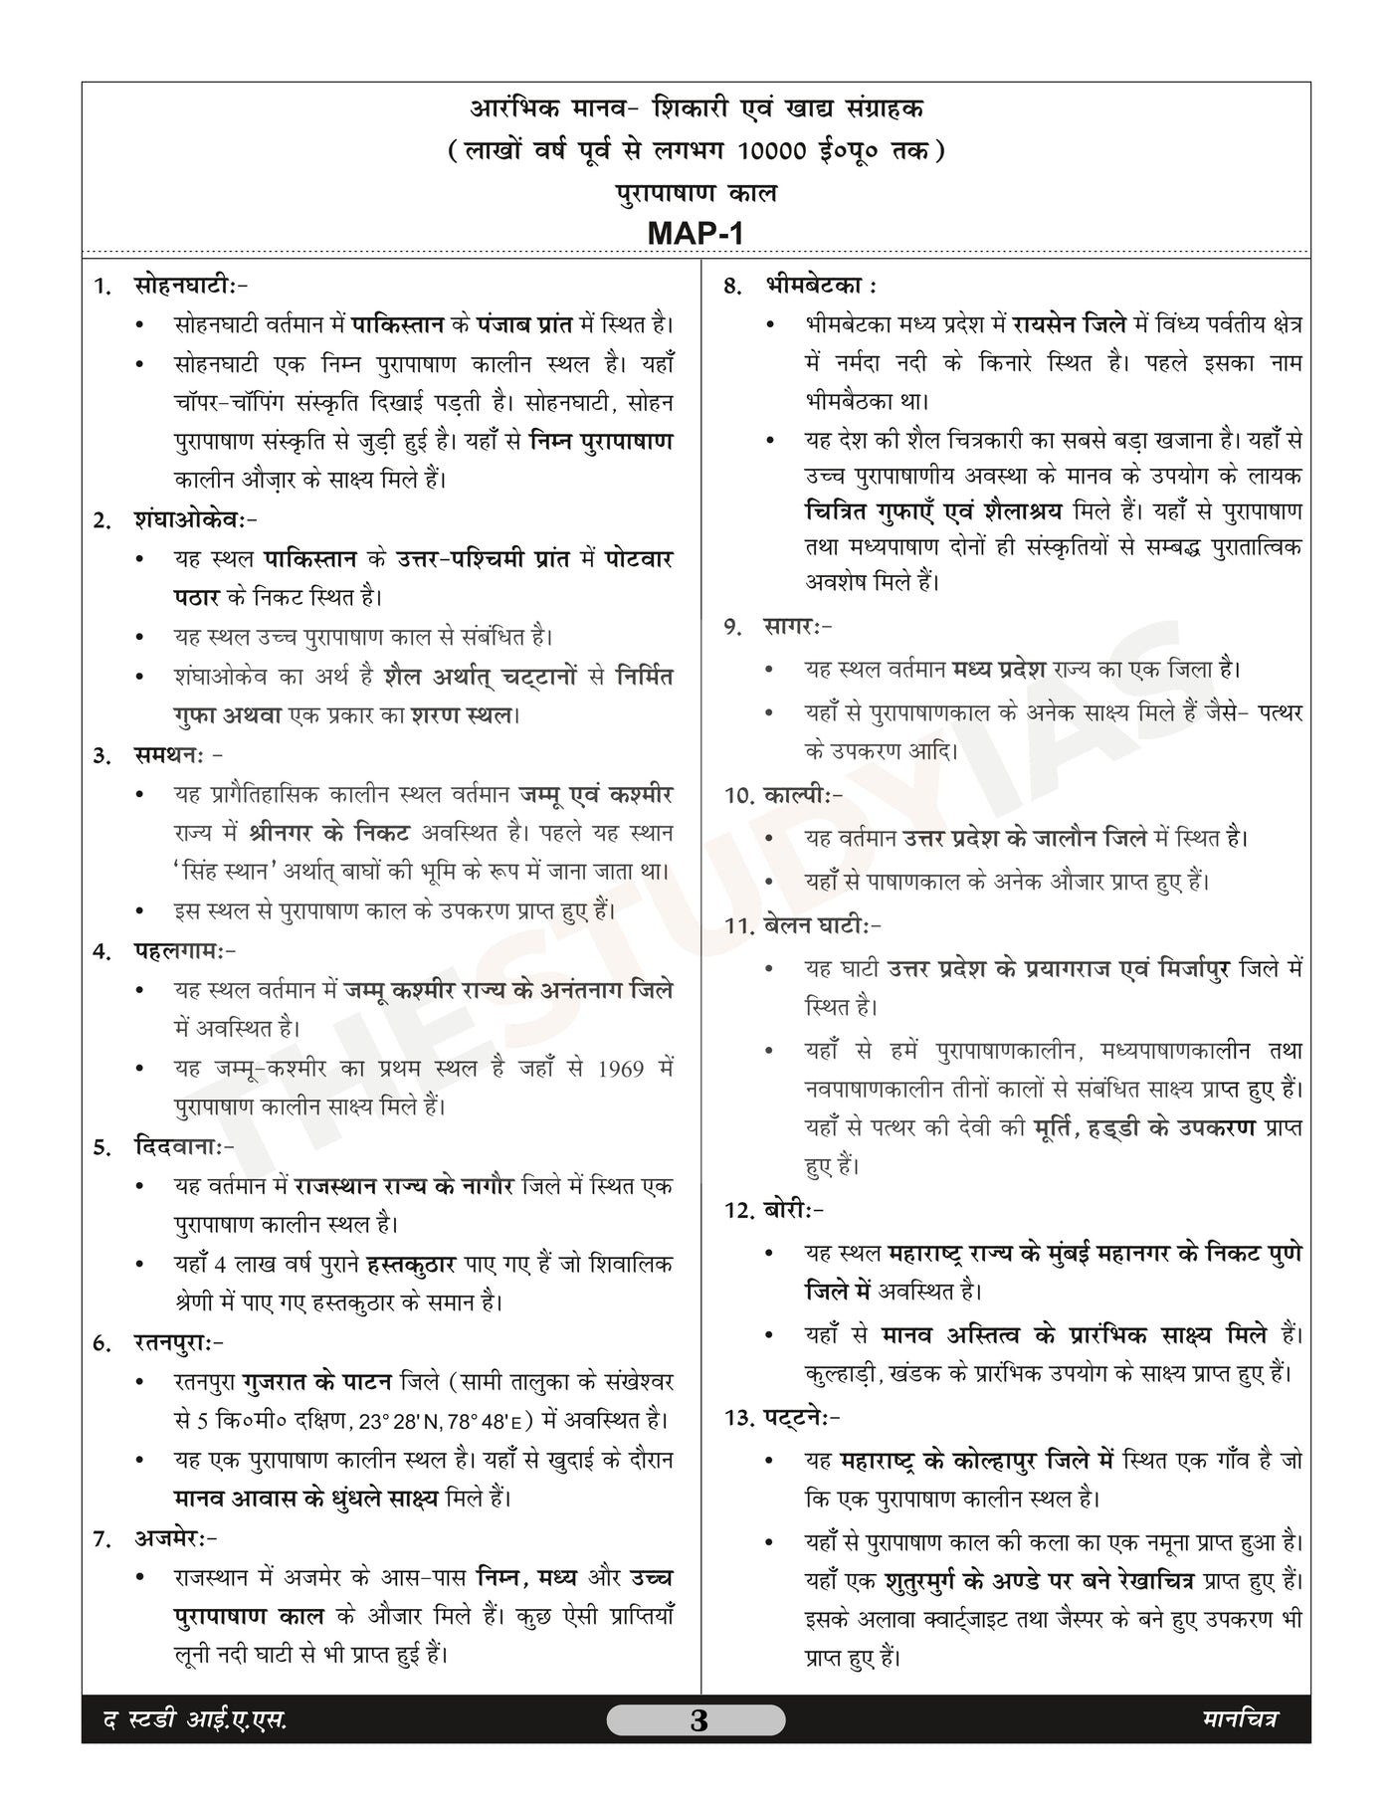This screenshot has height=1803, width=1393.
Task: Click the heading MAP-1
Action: click(696, 233)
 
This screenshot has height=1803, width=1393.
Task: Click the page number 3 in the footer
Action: click(697, 1720)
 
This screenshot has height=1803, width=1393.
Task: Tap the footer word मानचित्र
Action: click(1238, 1719)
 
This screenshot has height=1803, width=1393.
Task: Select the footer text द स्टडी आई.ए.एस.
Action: click(195, 1720)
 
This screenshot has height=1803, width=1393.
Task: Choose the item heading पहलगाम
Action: click(185, 950)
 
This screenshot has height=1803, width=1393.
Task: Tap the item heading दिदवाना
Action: click(184, 1146)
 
